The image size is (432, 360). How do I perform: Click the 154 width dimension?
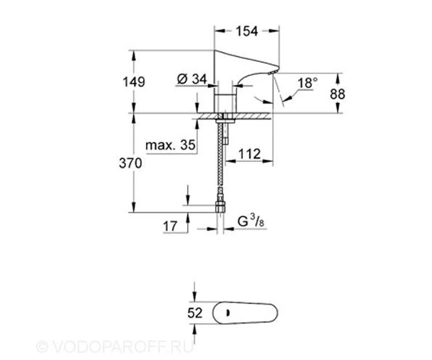click(x=247, y=31)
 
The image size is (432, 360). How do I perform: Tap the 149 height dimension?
click(x=134, y=82)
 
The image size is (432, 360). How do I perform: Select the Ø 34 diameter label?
click(x=192, y=79)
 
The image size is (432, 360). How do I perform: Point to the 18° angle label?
click(x=307, y=83)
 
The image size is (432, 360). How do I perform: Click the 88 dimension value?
click(x=337, y=94)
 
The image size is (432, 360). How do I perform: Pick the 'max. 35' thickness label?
click(x=171, y=145)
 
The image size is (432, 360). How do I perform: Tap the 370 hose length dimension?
click(x=130, y=163)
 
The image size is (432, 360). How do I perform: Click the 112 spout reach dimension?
click(x=249, y=154)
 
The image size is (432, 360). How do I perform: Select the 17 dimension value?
click(x=170, y=226)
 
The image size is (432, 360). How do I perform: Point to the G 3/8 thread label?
click(x=251, y=222)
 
